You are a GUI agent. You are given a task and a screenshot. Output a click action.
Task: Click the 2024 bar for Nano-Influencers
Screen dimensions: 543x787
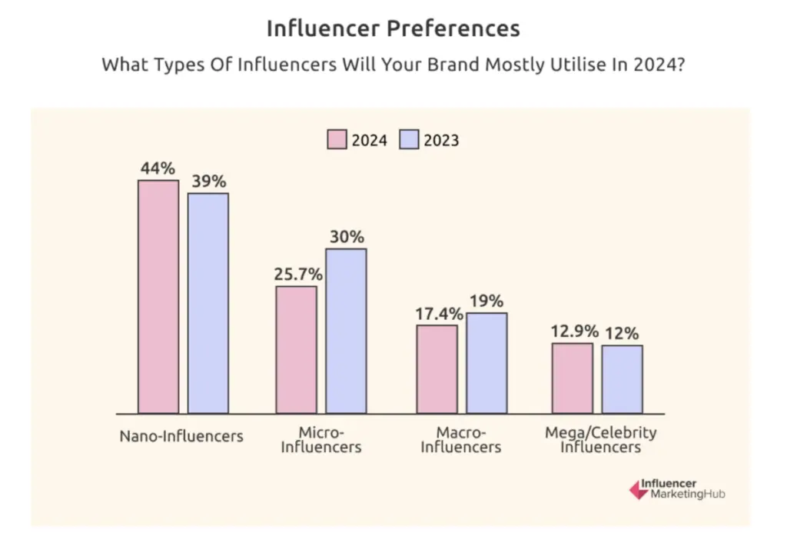[158, 297]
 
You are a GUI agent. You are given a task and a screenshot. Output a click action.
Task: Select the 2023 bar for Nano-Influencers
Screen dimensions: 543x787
[208, 303]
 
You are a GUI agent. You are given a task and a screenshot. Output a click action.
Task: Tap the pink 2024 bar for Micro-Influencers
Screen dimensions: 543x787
[296, 350]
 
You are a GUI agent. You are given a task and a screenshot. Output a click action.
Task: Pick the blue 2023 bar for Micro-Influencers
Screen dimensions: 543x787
[346, 331]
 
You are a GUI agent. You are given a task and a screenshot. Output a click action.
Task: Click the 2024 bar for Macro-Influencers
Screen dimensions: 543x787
[437, 369]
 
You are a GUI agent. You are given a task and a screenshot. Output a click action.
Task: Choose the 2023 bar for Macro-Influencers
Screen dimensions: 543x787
[486, 363]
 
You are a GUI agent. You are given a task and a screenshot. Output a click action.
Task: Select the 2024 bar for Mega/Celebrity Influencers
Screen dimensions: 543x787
[573, 378]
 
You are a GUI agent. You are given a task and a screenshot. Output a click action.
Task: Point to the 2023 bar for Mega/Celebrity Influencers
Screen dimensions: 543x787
[622, 379]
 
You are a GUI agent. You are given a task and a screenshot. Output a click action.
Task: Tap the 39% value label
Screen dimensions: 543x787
[208, 182]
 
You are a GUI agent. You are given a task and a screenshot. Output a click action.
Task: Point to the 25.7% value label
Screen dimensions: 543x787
[295, 274]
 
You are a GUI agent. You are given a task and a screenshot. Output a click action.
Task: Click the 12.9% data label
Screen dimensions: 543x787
[573, 331]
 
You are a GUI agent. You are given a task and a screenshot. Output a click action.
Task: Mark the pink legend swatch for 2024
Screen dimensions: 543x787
[337, 140]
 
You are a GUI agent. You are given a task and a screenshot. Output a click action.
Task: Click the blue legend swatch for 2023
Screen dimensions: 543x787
[409, 140]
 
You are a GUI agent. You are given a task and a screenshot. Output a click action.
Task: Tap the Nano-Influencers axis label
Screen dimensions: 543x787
[181, 436]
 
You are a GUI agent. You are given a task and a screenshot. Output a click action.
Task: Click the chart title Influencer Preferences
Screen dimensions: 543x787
[393, 28]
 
